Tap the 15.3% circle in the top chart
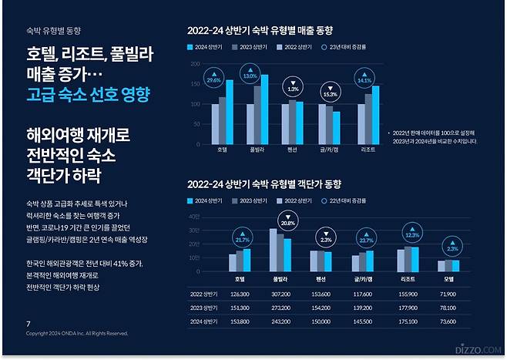coord(330,93)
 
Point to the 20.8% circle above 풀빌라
coord(287,222)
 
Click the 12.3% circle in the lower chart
coord(411,235)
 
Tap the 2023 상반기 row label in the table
coord(206,307)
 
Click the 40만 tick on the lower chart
coord(195,217)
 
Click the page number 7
coord(29,324)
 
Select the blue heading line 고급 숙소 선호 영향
coord(87,95)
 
